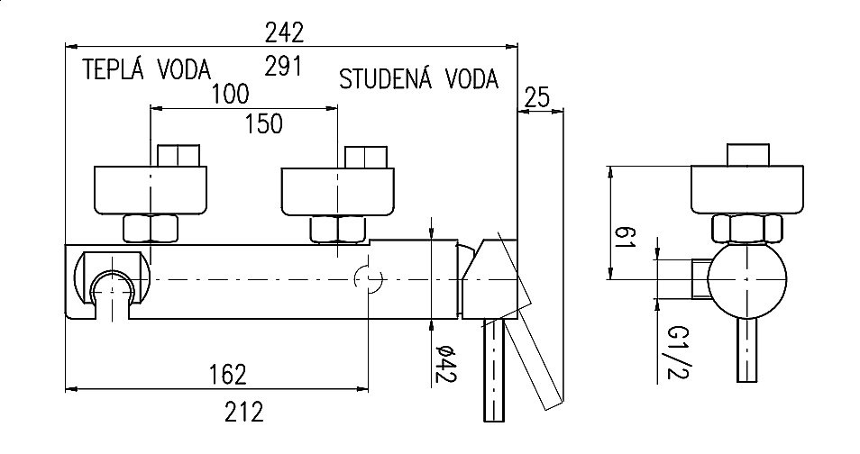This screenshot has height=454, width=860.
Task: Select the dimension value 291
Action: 286,66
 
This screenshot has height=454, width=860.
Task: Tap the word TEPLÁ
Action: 109,70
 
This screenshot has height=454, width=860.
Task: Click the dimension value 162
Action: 222,372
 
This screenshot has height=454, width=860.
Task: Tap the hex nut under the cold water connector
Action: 337,229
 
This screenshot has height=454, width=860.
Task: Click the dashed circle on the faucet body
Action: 368,280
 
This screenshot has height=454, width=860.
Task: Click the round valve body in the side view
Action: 746,283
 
